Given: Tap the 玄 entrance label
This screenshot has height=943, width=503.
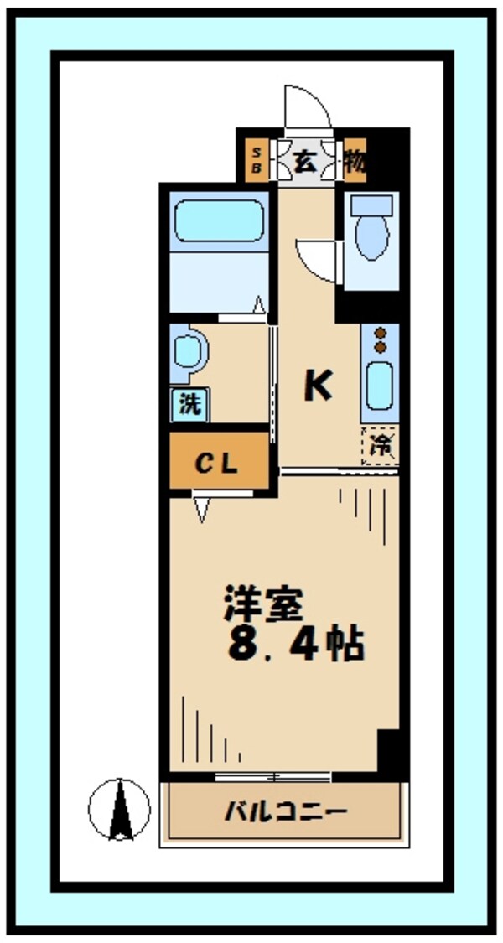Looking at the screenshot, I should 306,161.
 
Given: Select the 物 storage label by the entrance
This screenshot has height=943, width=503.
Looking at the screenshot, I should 355,161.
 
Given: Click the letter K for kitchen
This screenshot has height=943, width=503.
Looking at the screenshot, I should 318,386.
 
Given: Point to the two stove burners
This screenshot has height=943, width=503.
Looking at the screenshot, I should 380,339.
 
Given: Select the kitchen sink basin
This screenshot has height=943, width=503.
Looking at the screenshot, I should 380,386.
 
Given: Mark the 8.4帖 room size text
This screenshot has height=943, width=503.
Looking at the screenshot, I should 293,645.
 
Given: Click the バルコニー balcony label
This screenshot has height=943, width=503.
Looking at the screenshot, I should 285,811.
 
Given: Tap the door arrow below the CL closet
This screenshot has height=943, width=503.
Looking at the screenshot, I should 201,509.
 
